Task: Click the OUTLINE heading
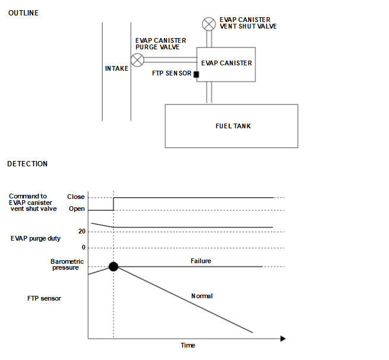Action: pos(23,13)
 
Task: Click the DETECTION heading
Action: pos(27,163)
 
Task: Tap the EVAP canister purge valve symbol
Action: pos(138,59)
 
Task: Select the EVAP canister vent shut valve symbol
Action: pos(208,24)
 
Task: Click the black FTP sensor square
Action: pos(195,74)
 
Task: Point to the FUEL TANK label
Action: pos(233,126)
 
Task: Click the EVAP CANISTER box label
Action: pos(226,63)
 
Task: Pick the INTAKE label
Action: pos(116,68)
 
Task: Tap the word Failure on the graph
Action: pos(201,261)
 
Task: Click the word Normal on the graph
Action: pos(202,296)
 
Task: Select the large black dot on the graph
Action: pos(113,267)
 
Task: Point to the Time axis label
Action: pos(188,345)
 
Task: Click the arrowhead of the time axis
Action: pos(283,339)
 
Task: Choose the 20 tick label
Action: pos(82,232)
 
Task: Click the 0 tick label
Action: pos(84,247)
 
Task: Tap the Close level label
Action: pos(76,197)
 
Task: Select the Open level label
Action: pos(77,209)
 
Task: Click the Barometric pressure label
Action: pos(67,264)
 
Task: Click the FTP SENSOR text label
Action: pos(172,74)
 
